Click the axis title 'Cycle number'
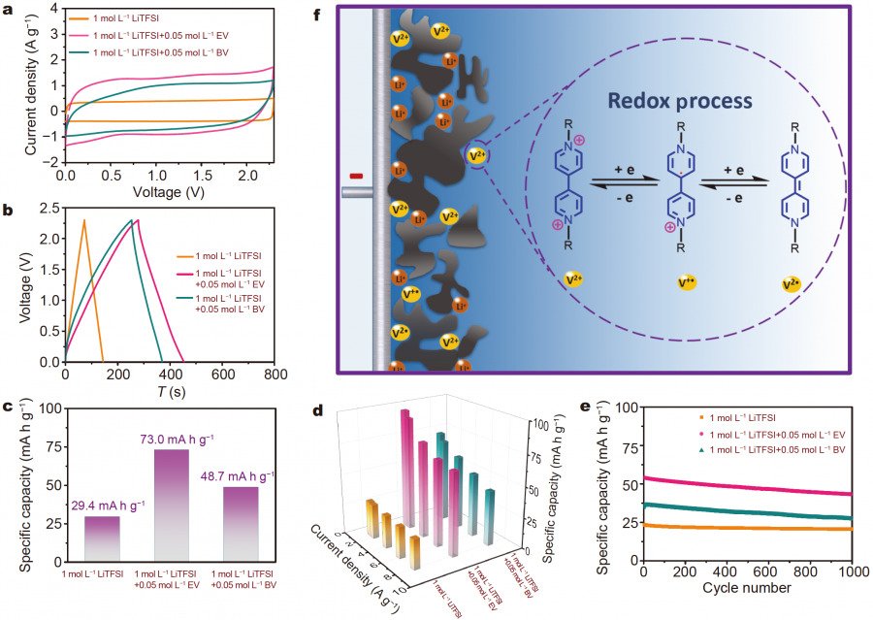[748, 589]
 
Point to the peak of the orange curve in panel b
[84, 221]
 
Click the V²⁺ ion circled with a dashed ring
[476, 154]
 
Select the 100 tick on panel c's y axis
[48, 411]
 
